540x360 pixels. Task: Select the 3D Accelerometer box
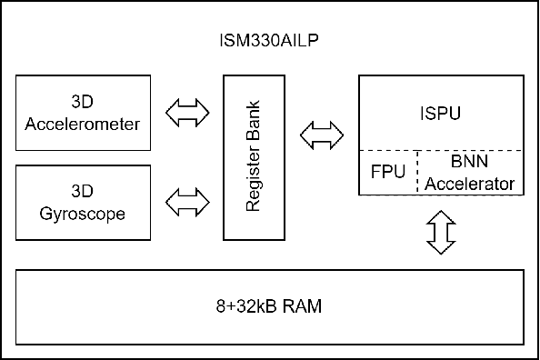(84, 115)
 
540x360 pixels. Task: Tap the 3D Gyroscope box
(84, 204)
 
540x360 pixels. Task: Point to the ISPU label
(441, 115)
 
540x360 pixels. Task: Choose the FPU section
(387, 173)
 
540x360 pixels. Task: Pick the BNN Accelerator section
(470, 173)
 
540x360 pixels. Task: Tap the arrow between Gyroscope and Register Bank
(187, 201)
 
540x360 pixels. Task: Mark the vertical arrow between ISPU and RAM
(441, 233)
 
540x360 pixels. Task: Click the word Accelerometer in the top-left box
(84, 124)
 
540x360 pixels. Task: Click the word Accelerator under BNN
(470, 183)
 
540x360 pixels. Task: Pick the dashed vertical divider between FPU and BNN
(417, 173)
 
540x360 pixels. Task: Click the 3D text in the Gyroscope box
(84, 194)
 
